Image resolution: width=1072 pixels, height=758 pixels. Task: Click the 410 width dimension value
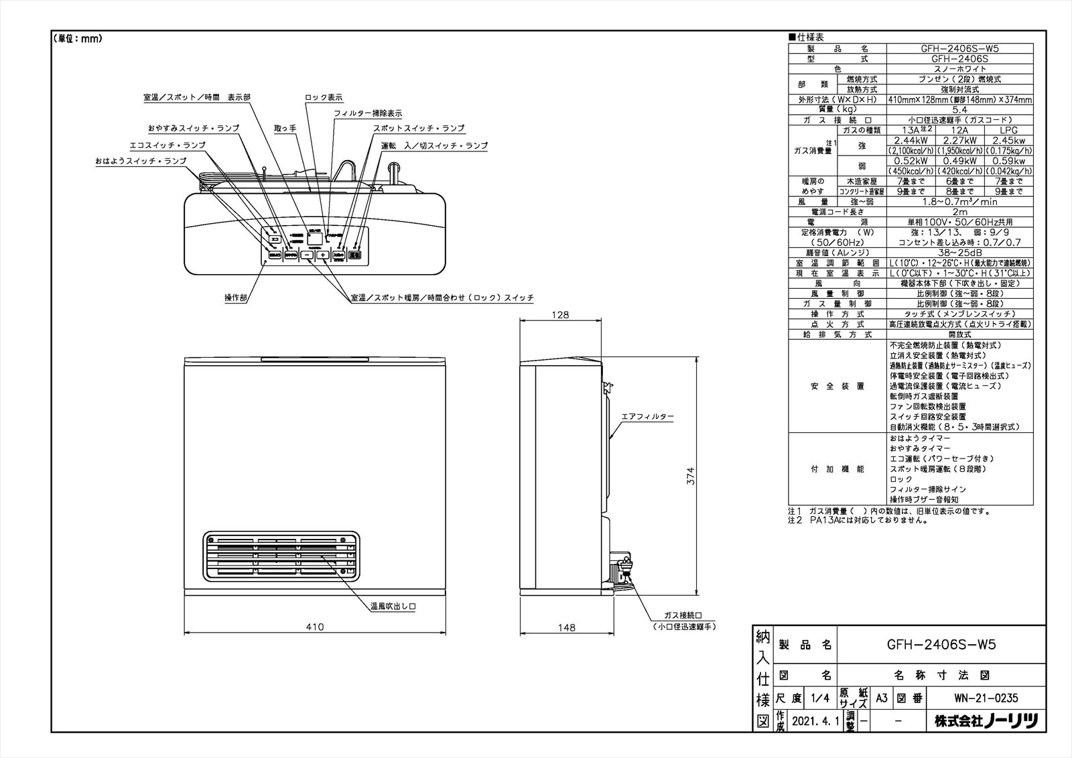tap(315, 627)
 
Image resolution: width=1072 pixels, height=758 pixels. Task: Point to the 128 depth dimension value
tap(561, 314)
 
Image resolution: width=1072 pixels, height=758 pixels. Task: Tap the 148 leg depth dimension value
tap(566, 627)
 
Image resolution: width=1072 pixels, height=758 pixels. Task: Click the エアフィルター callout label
tap(648, 417)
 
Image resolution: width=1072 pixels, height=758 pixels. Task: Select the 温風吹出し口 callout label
tap(394, 607)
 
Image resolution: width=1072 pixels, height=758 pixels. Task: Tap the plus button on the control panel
tap(323, 255)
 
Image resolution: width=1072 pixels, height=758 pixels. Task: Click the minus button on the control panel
tap(306, 255)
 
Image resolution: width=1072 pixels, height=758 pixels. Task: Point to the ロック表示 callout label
tap(324, 97)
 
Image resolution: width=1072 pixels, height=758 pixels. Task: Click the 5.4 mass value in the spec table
tap(959, 109)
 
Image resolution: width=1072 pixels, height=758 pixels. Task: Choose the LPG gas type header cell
tap(1008, 130)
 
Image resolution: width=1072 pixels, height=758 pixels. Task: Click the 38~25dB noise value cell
tap(959, 253)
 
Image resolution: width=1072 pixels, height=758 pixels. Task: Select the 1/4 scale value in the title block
tap(819, 698)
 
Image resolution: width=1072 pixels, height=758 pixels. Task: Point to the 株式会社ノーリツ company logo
tap(986, 721)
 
